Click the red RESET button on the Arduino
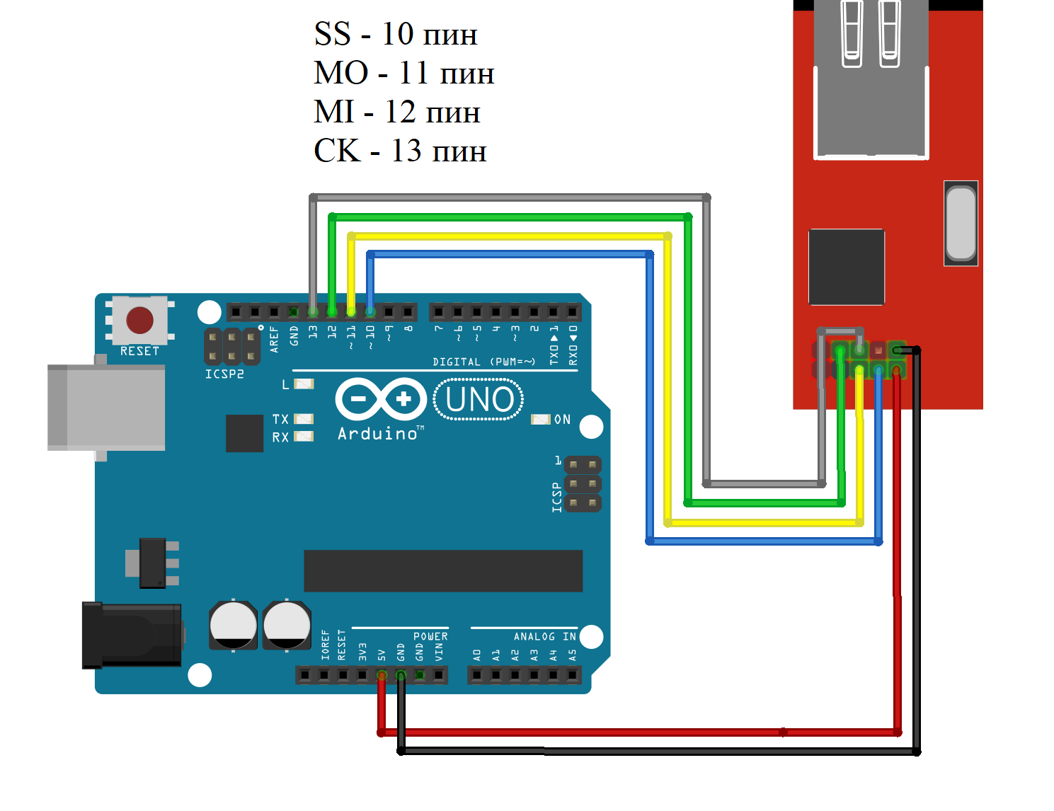139,320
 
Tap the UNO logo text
479,400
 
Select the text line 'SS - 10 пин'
396,35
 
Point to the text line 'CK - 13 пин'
400,151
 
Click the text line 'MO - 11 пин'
403,74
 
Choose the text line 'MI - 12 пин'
397,113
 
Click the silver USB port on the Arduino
106,408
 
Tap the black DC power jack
132,635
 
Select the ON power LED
540,420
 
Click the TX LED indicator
304,419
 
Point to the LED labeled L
304,384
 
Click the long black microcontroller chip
443,570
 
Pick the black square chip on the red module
847,267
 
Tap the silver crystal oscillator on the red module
961,224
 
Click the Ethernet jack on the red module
871,78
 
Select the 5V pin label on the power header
382,654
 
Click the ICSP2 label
224,374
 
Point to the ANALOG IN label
545,637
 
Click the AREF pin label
275,338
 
